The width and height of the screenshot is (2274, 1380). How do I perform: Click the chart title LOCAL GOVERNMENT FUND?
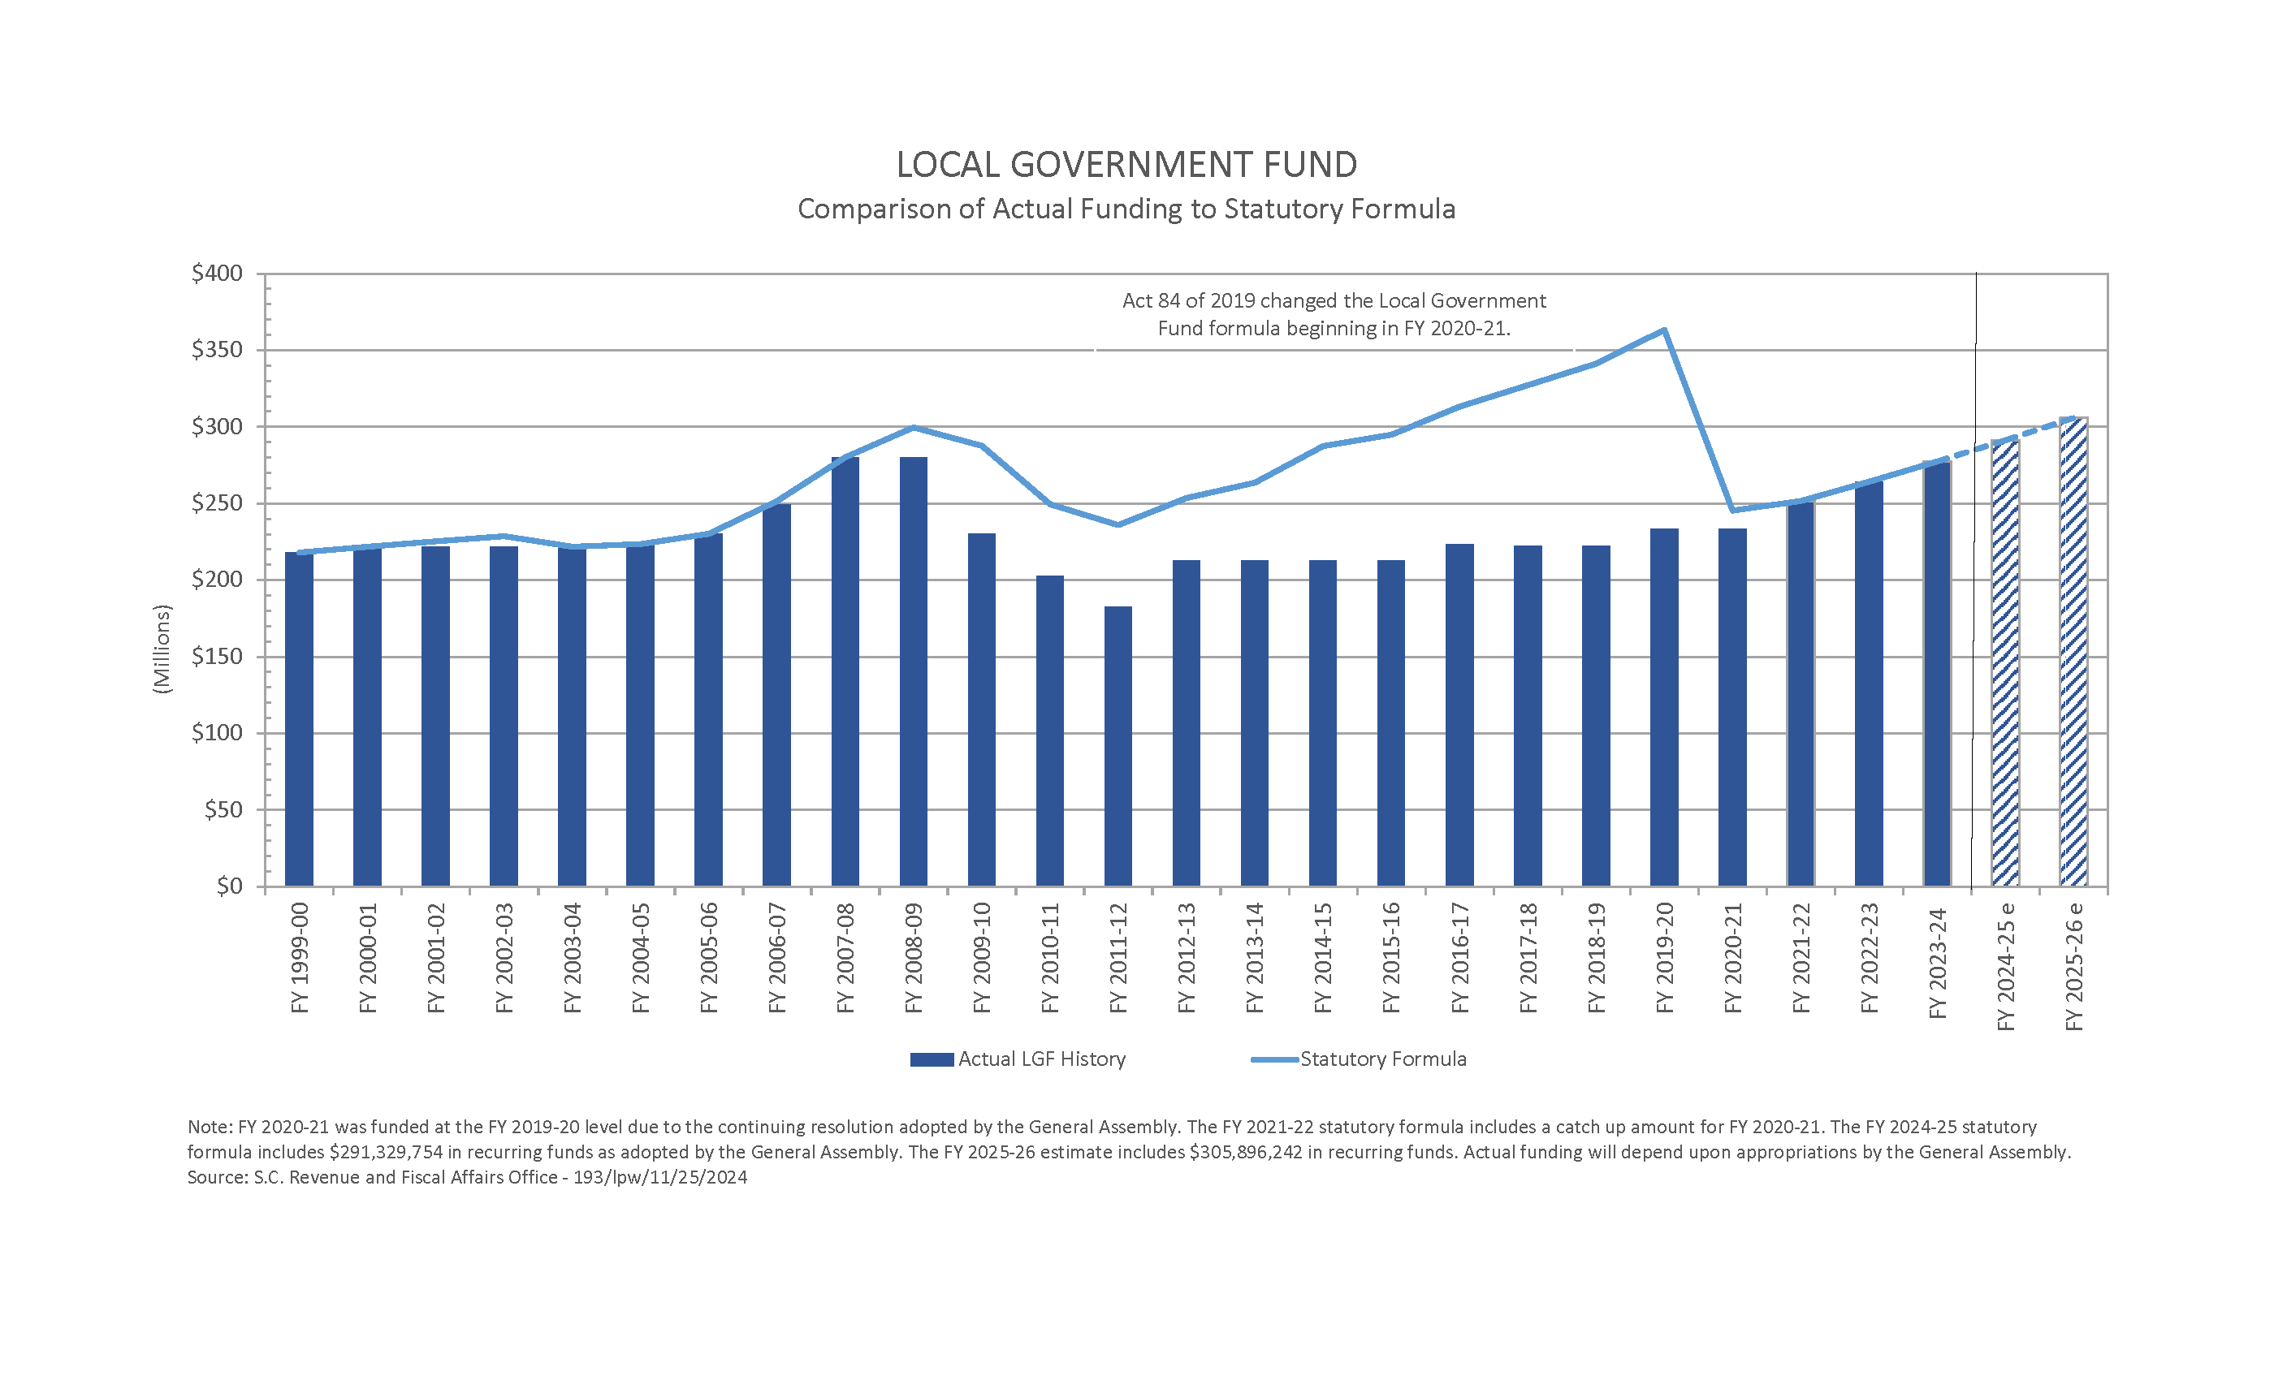click(x=1126, y=165)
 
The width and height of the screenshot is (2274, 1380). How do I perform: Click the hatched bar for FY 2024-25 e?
click(x=2004, y=664)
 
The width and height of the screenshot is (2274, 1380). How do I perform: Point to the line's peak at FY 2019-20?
click(x=1663, y=330)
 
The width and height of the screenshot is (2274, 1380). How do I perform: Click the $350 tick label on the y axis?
click(x=217, y=350)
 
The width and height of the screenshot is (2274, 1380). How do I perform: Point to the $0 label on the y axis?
click(x=229, y=886)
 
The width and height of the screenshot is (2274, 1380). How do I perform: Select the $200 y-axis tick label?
click(x=217, y=580)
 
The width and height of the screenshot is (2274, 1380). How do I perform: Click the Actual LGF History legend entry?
click(x=1018, y=1059)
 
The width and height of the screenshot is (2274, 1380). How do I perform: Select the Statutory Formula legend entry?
click(x=1359, y=1059)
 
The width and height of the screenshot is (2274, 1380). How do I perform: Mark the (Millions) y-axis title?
click(x=162, y=649)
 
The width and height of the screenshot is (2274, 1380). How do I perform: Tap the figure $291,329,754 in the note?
click(x=386, y=1152)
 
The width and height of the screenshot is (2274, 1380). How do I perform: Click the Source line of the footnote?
click(x=467, y=1177)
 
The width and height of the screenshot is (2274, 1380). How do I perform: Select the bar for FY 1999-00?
click(x=299, y=718)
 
